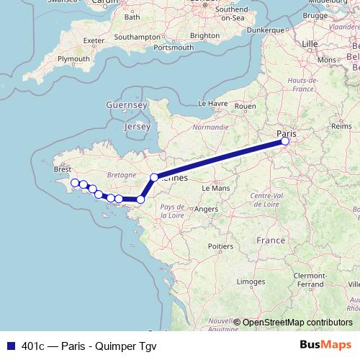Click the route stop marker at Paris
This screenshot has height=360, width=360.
coord(285,141)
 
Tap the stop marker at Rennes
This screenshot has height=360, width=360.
coord(153,177)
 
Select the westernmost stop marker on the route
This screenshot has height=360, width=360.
coord(74,183)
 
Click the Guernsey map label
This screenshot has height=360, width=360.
coord(127,105)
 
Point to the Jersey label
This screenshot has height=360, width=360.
coord(137,127)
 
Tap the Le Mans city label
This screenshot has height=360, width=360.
coord(216,188)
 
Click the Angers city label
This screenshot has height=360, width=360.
coord(206,210)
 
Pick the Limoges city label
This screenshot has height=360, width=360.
coord(250,282)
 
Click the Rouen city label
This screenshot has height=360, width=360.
coord(246,106)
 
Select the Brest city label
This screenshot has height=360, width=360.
coord(63,170)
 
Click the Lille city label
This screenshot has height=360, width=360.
coord(310,44)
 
